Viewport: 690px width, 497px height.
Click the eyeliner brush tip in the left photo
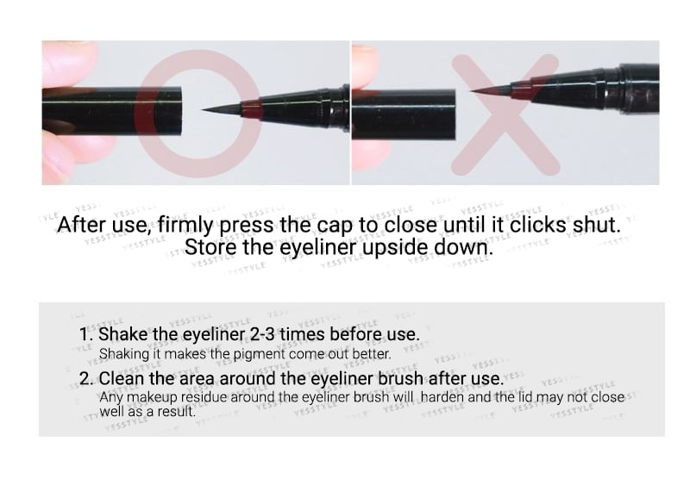(x=202, y=110)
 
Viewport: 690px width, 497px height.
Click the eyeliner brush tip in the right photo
(x=471, y=91)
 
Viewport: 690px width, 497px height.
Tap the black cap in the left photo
(x=112, y=111)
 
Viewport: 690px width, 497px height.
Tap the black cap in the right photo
(x=404, y=115)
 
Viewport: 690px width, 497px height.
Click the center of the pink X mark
(x=506, y=115)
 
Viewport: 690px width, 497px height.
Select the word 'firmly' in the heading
(x=185, y=225)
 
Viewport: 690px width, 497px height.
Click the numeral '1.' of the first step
(x=87, y=334)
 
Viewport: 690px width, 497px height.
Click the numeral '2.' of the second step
(x=86, y=378)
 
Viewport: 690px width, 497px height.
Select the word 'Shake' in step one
(x=123, y=334)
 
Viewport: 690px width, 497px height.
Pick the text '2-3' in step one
(x=262, y=334)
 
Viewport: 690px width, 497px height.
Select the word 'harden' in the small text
(x=442, y=397)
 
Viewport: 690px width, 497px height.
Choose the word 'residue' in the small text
(x=204, y=397)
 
